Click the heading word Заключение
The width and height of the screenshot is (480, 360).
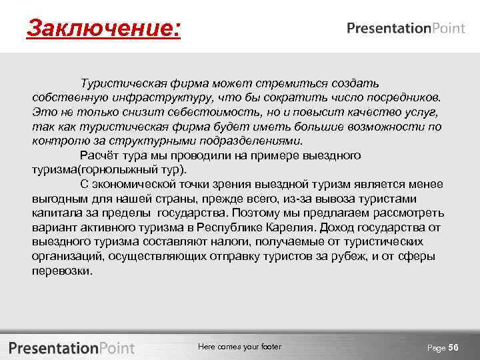click(x=103, y=29)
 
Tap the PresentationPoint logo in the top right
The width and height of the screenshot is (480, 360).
click(x=406, y=28)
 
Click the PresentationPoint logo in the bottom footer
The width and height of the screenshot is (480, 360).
click(x=71, y=347)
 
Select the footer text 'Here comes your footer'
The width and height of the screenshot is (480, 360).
click(x=239, y=347)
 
